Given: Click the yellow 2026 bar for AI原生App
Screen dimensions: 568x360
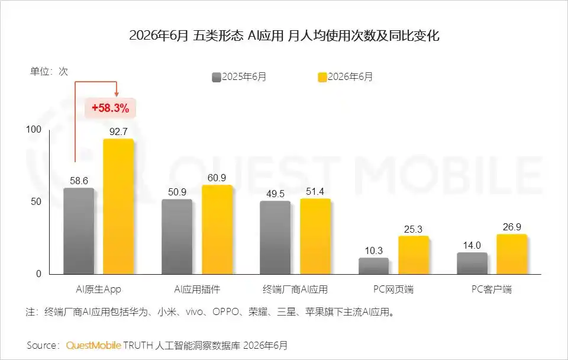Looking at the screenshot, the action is [118, 206].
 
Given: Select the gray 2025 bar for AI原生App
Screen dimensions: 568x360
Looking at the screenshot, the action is [79, 231].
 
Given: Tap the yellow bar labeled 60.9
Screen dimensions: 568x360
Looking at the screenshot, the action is [217, 230].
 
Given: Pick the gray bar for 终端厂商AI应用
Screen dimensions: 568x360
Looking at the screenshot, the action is [275, 237].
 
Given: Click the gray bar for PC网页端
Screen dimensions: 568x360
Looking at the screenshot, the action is [373, 266].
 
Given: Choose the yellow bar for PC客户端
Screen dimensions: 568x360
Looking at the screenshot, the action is [512, 254].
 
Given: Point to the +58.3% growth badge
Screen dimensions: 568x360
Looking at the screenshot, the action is [110, 108].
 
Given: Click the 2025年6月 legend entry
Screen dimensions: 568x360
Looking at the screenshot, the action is [239, 77].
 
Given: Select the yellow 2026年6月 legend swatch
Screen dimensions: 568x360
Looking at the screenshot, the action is [322, 77].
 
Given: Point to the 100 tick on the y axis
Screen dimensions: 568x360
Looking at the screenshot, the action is [34, 130].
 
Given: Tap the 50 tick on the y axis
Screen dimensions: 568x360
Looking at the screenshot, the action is [36, 201].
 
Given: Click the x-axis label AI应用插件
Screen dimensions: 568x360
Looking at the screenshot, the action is [197, 290].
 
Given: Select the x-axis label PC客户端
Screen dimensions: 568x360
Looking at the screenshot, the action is [492, 290].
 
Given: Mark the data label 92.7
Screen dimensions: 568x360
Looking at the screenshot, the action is [118, 131].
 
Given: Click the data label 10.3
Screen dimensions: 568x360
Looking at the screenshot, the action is [373, 250].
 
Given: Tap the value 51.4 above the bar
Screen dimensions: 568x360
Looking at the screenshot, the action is [315, 191].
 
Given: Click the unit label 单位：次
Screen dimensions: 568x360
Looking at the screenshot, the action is [49, 72].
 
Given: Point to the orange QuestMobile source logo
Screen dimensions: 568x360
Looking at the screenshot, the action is [93, 346].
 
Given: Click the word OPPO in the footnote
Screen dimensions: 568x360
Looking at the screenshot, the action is [225, 312].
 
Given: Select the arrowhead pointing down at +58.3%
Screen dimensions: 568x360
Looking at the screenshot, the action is [117, 94].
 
